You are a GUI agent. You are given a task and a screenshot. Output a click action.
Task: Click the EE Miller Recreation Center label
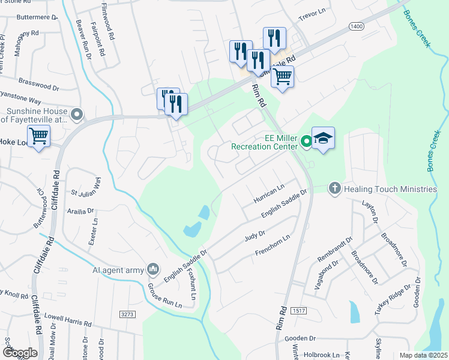(x=264, y=142)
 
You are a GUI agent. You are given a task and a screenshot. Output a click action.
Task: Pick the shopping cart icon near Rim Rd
(x=282, y=76)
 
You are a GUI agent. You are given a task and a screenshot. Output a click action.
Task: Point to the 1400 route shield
(x=355, y=27)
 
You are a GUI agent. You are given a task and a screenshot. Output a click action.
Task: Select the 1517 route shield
(x=300, y=310)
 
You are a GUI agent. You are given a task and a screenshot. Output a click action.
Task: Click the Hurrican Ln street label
(x=268, y=193)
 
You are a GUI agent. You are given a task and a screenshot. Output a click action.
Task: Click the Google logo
(x=20, y=353)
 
